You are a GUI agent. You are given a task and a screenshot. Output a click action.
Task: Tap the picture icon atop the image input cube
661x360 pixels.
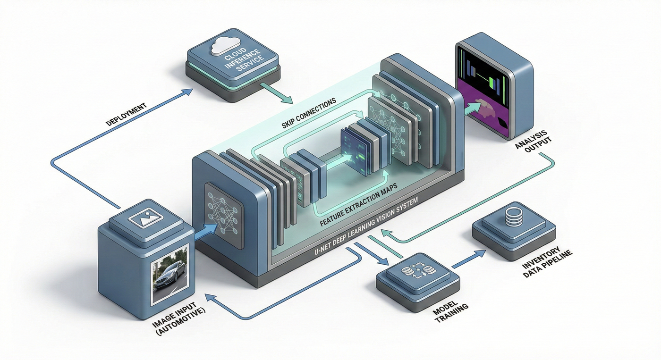[145, 218]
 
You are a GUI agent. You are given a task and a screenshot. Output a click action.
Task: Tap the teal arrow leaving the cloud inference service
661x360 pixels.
[277, 93]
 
